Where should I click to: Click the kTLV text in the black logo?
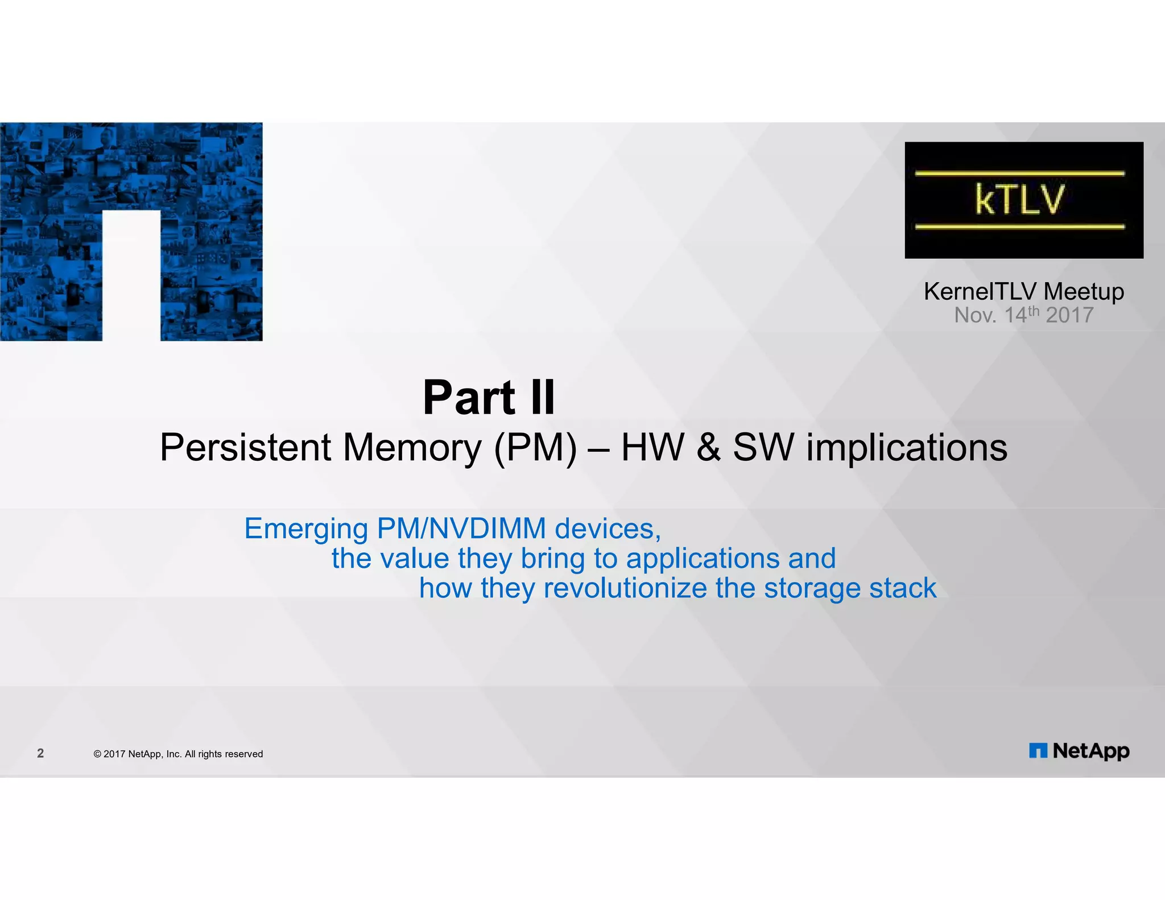[x=1019, y=199]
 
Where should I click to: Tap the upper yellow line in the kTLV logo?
[x=1019, y=173]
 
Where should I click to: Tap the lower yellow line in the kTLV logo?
[x=1019, y=226]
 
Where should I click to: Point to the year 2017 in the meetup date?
[x=1069, y=315]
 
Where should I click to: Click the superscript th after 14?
[x=1033, y=311]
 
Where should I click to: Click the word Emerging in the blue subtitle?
[x=306, y=529]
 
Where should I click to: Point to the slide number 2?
[x=40, y=753]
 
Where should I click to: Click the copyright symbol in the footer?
[x=97, y=754]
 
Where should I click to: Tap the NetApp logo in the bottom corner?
[x=1079, y=751]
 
